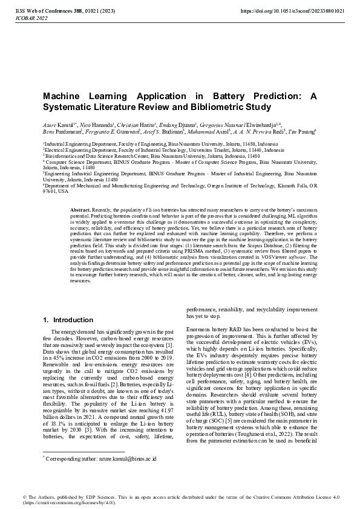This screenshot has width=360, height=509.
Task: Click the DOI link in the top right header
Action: point(293,11)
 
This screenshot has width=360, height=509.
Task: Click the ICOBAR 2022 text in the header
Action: point(29,19)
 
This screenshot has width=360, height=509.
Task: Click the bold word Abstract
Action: point(81,209)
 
